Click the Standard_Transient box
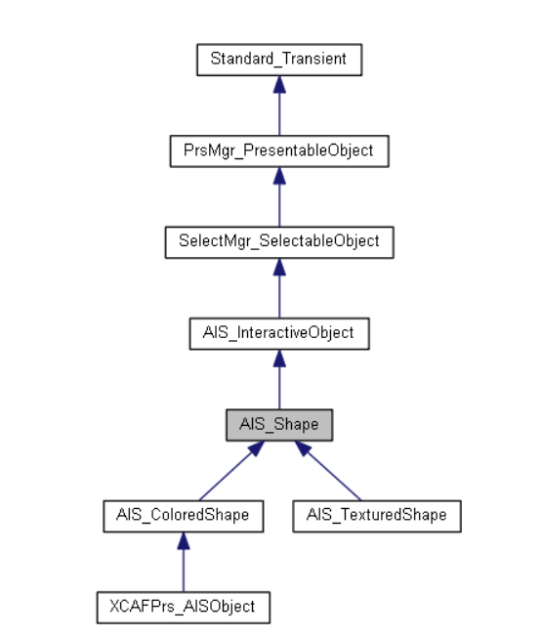click(279, 60)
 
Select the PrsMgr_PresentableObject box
click(279, 151)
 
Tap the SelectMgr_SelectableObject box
click(279, 242)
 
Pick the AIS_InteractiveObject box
click(279, 334)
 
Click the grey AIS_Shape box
click(279, 425)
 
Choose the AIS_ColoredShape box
click(184, 517)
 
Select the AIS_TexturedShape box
click(377, 517)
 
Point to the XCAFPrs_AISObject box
click(184, 608)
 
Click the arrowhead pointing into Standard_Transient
click(279, 84)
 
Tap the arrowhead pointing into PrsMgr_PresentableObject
click(279, 176)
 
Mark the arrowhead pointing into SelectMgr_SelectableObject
click(279, 267)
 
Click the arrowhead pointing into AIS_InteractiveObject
click(279, 359)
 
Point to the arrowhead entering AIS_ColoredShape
click(184, 540)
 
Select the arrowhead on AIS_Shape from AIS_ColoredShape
click(257, 448)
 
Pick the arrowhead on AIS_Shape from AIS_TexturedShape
click(303, 448)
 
